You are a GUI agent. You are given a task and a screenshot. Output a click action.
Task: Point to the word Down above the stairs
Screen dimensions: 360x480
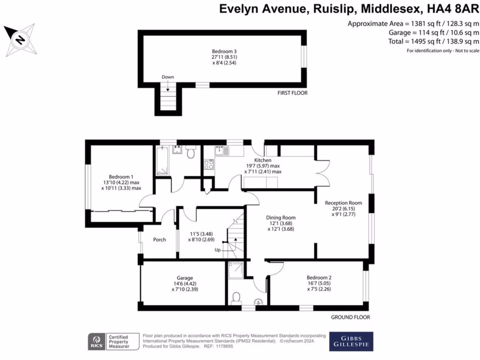point(167,77)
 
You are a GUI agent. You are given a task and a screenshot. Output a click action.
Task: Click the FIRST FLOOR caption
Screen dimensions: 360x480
point(292,93)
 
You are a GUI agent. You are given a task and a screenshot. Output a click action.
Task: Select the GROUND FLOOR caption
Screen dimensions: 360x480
point(350,317)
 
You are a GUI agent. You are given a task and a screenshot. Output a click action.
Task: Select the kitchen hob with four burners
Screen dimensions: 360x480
point(209,165)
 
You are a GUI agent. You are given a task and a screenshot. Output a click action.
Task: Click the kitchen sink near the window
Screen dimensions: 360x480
point(221,151)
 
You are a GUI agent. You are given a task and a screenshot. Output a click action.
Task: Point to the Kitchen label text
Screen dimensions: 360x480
point(262,160)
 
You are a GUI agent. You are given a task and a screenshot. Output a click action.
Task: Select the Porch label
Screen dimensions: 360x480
point(159,240)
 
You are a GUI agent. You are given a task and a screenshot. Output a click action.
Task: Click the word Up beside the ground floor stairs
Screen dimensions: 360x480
point(217,250)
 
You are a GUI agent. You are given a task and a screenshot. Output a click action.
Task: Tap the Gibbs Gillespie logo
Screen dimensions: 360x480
point(351,341)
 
